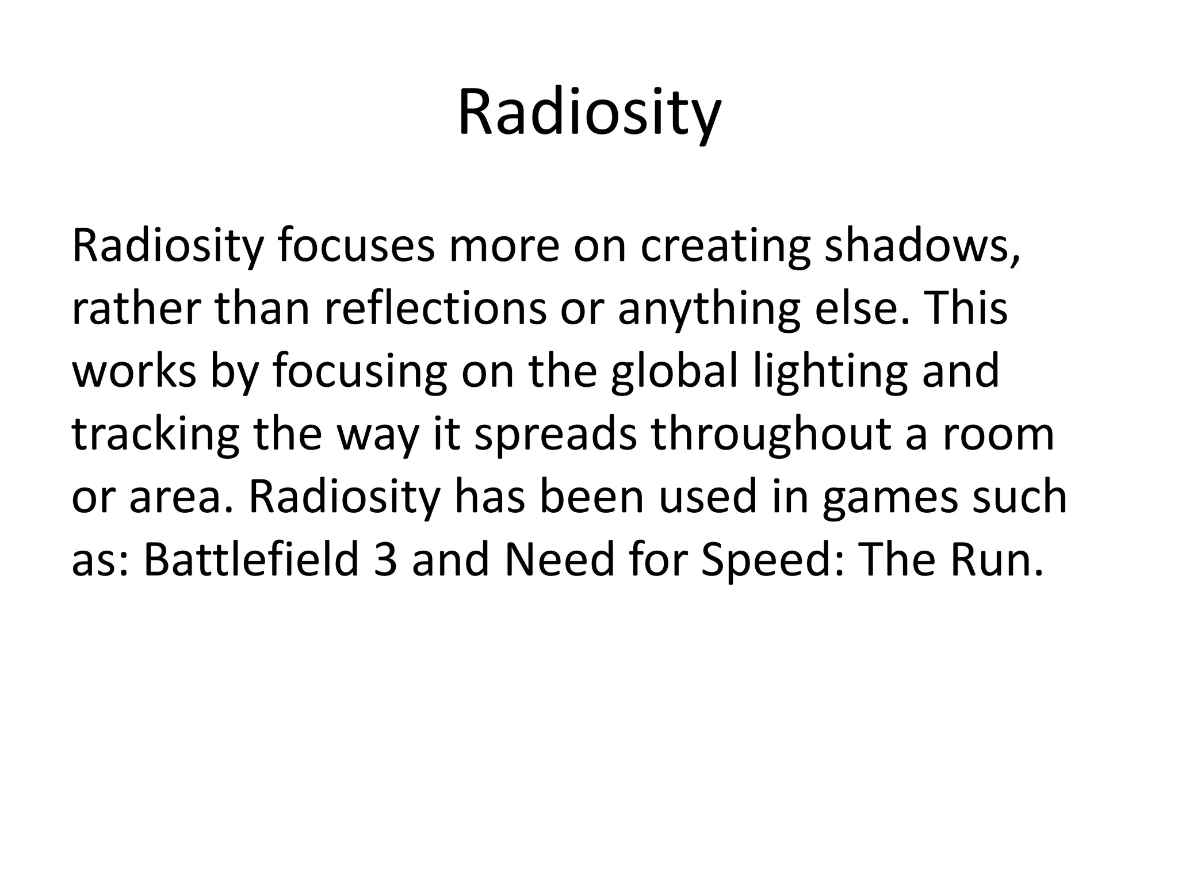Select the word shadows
[922, 246]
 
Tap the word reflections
[435, 309]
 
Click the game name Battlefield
[251, 560]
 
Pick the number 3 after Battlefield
[385, 561]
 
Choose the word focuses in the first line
[356, 246]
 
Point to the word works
[133, 372]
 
